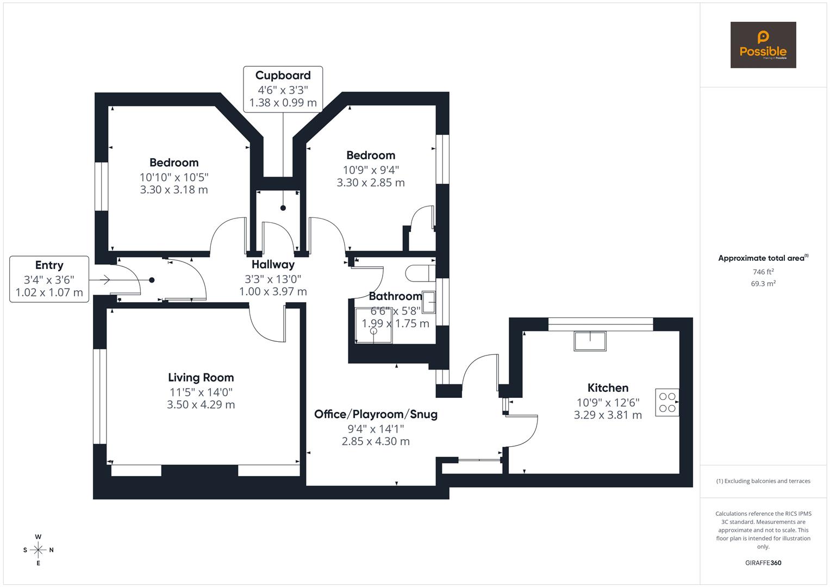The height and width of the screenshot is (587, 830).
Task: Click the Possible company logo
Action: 763,45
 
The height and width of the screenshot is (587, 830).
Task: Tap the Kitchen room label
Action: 608,388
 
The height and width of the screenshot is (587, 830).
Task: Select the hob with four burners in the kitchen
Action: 667,402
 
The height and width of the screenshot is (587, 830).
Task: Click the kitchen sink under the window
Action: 590,341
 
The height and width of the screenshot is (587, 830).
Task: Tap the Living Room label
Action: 201,378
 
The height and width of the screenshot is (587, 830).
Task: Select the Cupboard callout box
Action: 283,89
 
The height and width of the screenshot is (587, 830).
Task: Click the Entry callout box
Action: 49,279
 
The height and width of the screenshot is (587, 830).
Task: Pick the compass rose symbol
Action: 38,550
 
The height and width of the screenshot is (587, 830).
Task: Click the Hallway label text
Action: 273,265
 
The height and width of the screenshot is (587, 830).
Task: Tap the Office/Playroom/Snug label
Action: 376,414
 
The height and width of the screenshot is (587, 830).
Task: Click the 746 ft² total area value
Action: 763,272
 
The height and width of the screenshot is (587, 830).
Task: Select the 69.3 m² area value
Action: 763,283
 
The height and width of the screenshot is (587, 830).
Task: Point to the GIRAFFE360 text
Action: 763,563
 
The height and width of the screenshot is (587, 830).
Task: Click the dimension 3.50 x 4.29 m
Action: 201,404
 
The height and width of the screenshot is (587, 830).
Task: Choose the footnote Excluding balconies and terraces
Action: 763,481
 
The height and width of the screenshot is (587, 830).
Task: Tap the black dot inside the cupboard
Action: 283,208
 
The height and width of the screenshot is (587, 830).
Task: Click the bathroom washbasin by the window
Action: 429,302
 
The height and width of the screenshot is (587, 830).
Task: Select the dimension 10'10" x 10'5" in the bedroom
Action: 174,177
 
